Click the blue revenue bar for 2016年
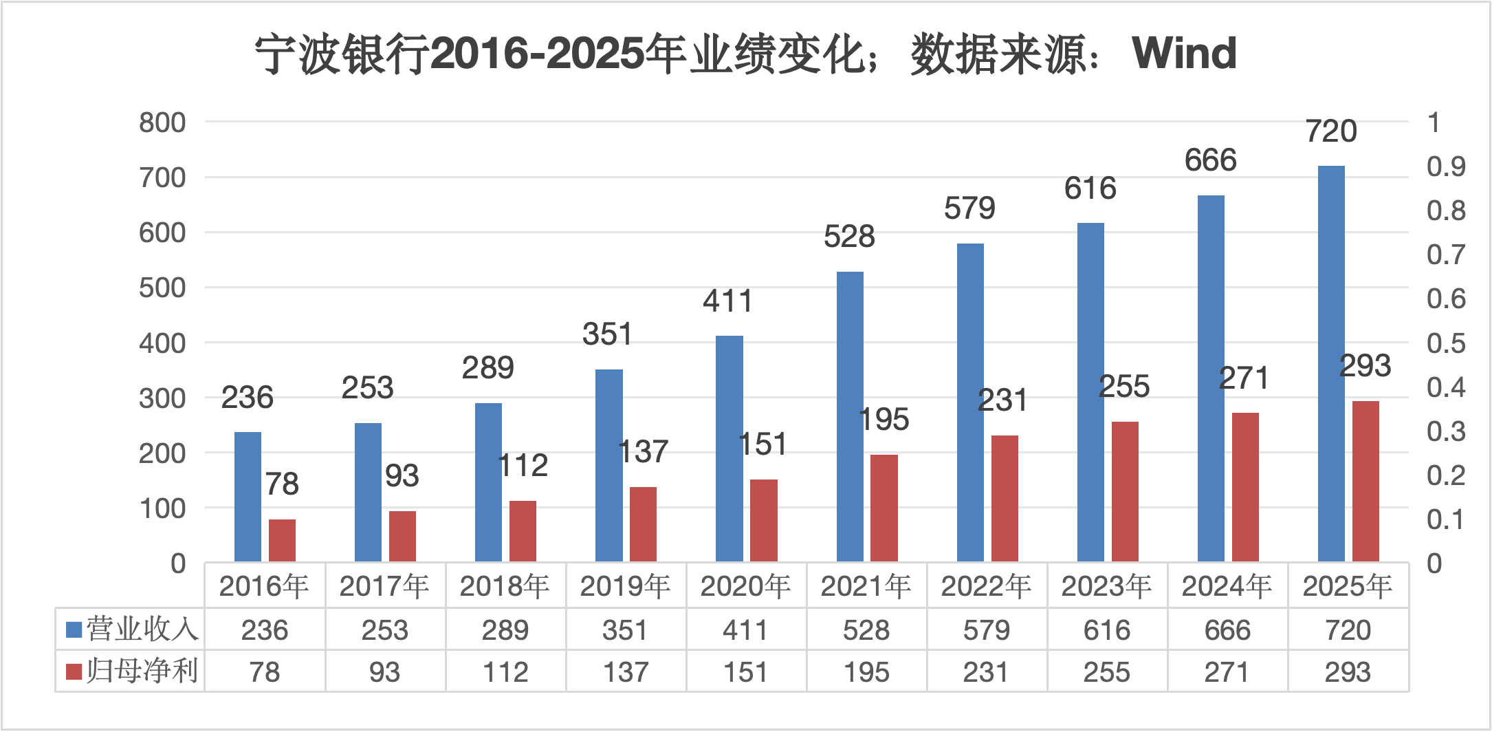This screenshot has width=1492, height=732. pos(248,497)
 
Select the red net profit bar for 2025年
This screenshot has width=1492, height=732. pos(1365,482)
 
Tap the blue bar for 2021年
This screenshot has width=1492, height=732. pos(850,417)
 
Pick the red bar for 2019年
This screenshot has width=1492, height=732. pos(643,524)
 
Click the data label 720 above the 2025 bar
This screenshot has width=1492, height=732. pos(1331,131)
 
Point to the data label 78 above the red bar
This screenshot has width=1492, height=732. pos(282,484)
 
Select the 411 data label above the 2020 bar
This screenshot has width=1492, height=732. pos(727,301)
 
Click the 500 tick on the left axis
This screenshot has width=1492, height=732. pos(162,288)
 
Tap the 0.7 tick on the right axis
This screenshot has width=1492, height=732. pos(1445,255)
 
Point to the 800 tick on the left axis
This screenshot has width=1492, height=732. pos(162,122)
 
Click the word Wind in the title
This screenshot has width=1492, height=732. pos(1184,53)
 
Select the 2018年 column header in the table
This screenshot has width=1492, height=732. pos(505,586)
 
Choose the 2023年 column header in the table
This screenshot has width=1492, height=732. pos(1106,586)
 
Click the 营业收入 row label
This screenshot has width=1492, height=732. pos(142,629)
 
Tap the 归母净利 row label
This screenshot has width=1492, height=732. pos(142,671)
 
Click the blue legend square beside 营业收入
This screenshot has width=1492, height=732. pos(74,629)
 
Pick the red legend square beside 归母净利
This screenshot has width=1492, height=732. pos(74,671)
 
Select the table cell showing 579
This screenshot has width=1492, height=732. pos(986,630)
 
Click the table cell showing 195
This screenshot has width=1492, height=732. pos(866,672)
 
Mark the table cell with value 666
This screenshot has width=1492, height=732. pos(1227,630)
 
